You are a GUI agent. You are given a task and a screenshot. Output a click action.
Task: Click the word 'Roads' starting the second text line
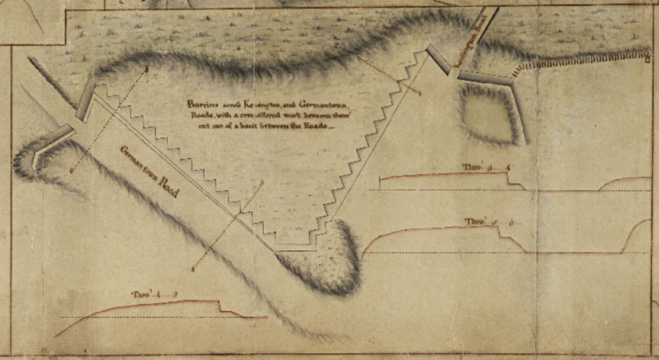click(196, 116)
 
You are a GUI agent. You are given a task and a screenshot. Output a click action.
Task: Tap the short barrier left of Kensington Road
click(439, 59)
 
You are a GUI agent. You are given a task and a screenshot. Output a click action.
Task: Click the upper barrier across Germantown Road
click(85, 100)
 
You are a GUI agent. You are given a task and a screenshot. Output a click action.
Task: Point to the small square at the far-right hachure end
click(648, 53)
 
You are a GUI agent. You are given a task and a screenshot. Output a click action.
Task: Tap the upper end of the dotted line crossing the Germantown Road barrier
click(146, 70)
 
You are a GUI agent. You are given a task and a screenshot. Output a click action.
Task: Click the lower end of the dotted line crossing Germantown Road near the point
click(194, 268)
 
